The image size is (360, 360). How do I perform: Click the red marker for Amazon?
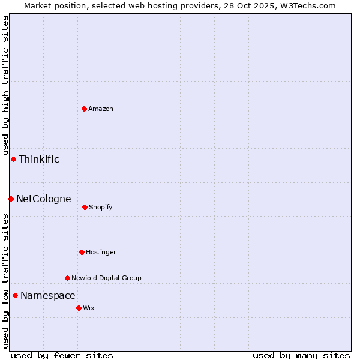pos(84,109)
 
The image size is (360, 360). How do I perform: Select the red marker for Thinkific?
pos(13,159)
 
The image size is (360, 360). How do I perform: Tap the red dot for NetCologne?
pos(11,199)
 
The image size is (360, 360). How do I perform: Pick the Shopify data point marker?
pos(85,207)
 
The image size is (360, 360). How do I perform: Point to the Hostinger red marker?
pos(82,252)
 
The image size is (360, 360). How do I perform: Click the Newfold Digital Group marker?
pos(67,278)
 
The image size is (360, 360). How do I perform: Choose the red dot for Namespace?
pos(15,295)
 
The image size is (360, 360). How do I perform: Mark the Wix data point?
pos(79,308)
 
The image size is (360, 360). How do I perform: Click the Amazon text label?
pos(101,109)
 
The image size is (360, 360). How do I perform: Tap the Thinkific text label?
pos(39,159)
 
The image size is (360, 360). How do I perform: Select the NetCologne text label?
pos(43,199)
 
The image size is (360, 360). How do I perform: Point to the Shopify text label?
pos(101,207)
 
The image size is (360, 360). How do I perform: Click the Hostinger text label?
pos(101,252)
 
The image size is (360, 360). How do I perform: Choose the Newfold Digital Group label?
pos(106,278)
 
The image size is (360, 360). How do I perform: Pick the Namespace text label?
pos(48,295)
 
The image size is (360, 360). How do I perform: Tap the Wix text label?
pos(89,308)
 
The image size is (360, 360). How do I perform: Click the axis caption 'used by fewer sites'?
pos(62,355)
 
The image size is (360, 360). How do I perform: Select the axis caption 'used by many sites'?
pos(301,355)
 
